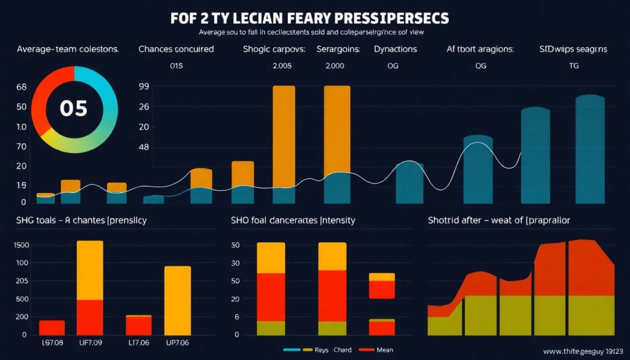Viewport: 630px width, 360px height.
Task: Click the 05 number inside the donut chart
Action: pos(73,109)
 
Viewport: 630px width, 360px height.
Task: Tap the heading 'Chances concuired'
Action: pos(177,49)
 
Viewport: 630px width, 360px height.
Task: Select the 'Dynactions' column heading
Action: pos(395,49)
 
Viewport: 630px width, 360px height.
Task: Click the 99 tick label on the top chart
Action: pos(145,87)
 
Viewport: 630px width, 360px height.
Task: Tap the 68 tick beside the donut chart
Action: pos(22,87)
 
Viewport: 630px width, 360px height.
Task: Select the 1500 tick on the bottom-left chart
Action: pos(21,246)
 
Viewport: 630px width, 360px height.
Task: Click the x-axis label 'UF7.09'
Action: pos(90,343)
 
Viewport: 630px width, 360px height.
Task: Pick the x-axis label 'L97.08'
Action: pos(52,343)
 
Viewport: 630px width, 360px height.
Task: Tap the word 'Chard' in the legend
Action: pos(343,350)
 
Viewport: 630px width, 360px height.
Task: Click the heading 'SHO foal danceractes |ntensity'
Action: pos(293,220)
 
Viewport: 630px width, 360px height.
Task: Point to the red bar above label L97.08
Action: pos(52,327)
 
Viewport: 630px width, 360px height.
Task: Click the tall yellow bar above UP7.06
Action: pos(177,300)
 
